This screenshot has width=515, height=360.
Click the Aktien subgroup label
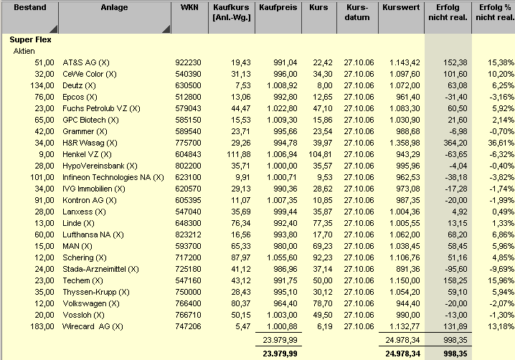[x=24, y=52]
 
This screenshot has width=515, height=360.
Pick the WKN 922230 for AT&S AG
[x=188, y=62]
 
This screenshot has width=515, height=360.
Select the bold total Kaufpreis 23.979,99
[x=279, y=352]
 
